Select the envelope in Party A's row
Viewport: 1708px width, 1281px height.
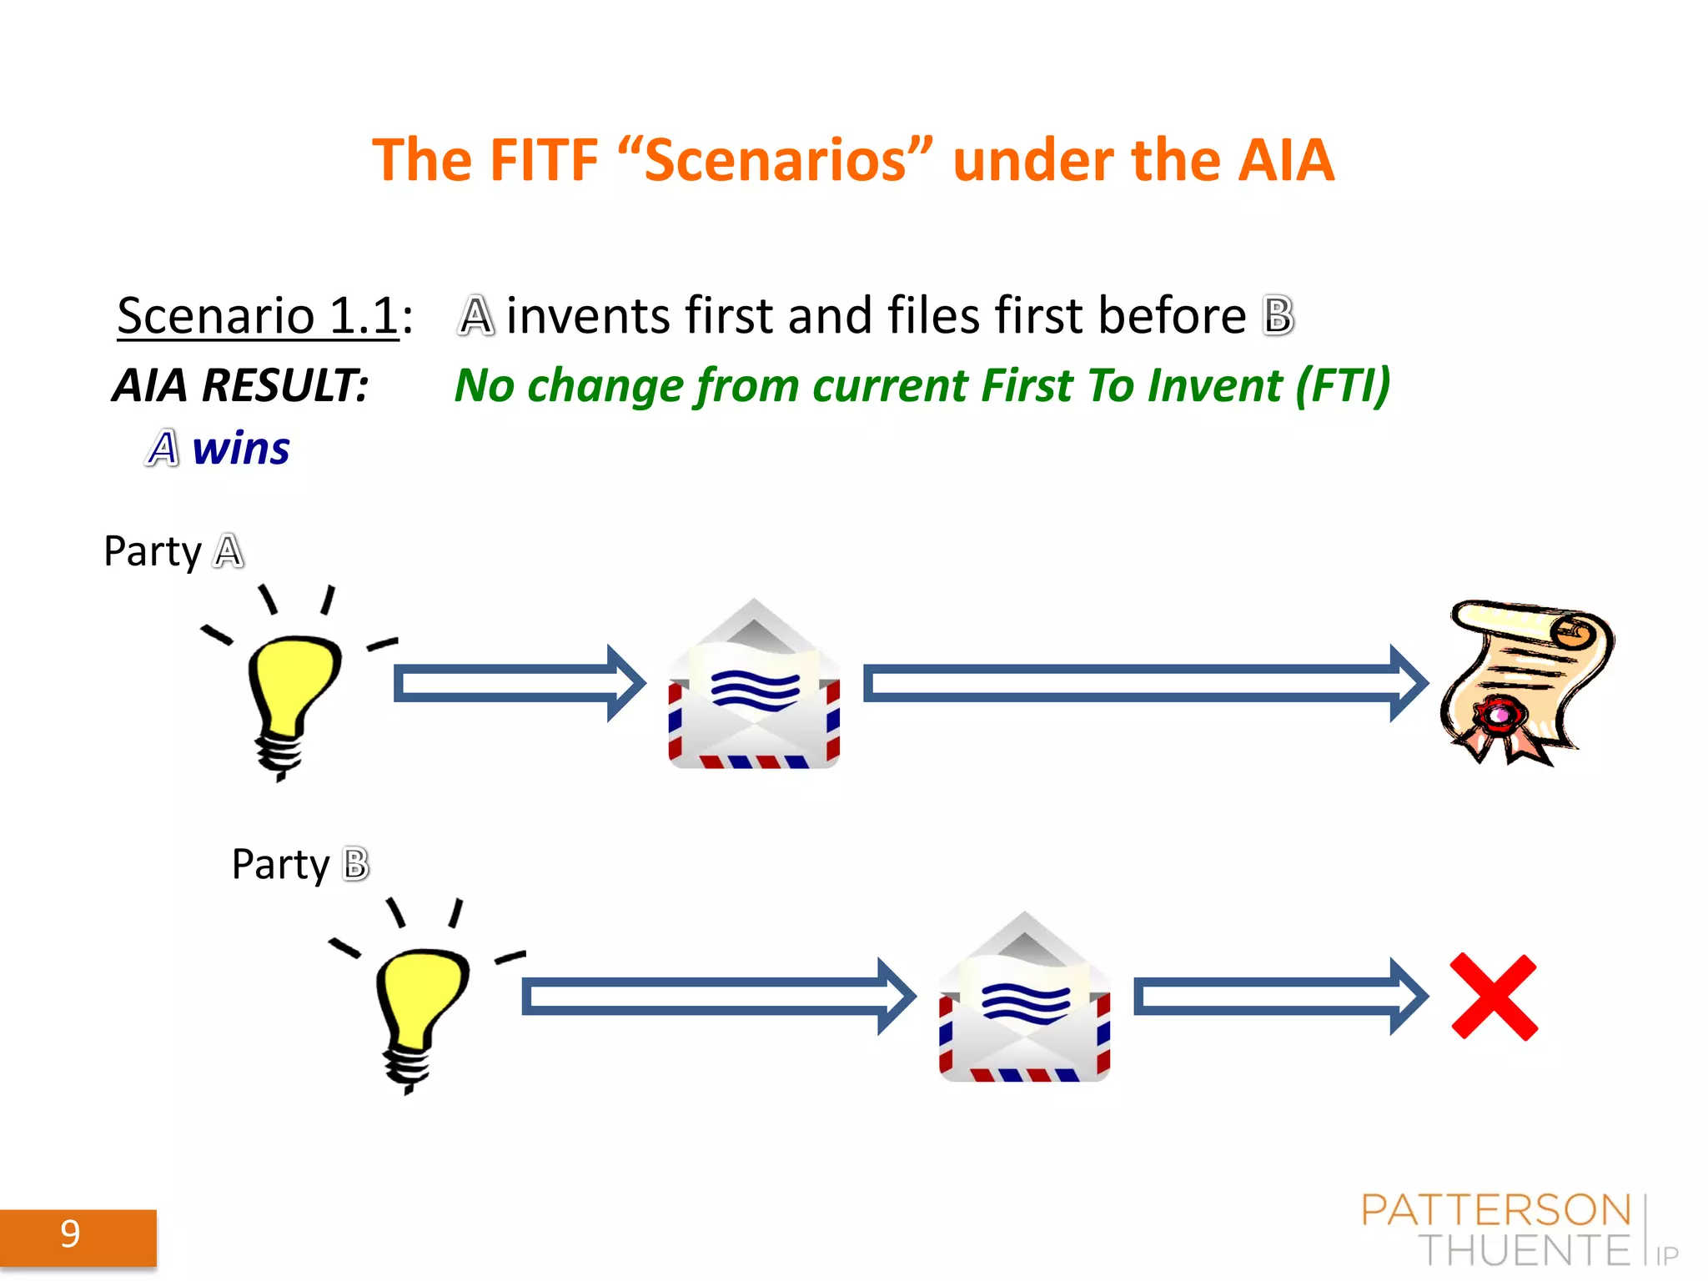tap(754, 688)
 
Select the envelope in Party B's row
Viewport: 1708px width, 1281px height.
tap(1024, 1001)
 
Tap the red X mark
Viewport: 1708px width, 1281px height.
tap(1494, 997)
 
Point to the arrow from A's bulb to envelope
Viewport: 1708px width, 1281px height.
tap(517, 684)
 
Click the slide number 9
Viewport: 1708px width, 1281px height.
tap(71, 1234)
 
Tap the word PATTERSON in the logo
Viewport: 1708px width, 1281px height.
tap(1495, 1210)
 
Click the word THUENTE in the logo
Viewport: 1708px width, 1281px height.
tap(1524, 1250)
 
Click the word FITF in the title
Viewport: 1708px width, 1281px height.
tap(543, 160)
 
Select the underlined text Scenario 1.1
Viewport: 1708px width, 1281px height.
tap(258, 316)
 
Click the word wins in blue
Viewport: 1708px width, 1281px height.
tap(241, 449)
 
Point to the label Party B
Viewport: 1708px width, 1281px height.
tap(300, 864)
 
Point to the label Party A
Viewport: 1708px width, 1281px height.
tap(173, 551)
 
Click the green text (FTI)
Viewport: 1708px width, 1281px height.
tap(1343, 385)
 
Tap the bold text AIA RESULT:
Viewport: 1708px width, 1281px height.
tap(241, 385)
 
